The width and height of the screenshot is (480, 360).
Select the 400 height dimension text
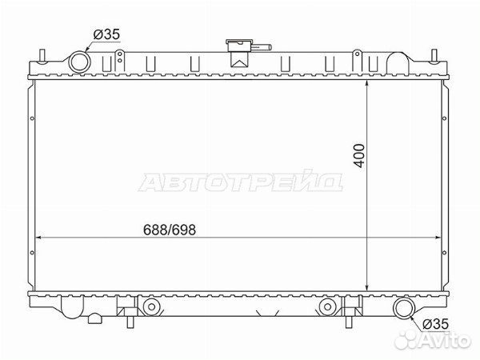(359, 154)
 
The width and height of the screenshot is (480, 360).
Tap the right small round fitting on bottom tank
(326, 306)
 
